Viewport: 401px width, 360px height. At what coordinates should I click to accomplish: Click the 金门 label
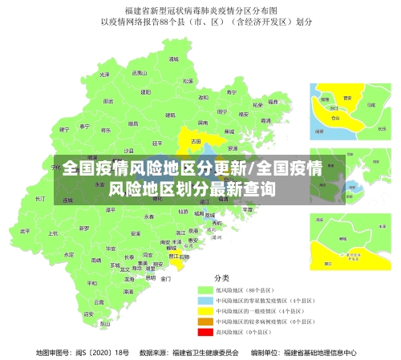(164, 278)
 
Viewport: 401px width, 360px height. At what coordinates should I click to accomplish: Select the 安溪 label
(135, 233)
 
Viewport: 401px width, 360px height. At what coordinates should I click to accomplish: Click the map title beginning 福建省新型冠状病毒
(200, 10)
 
